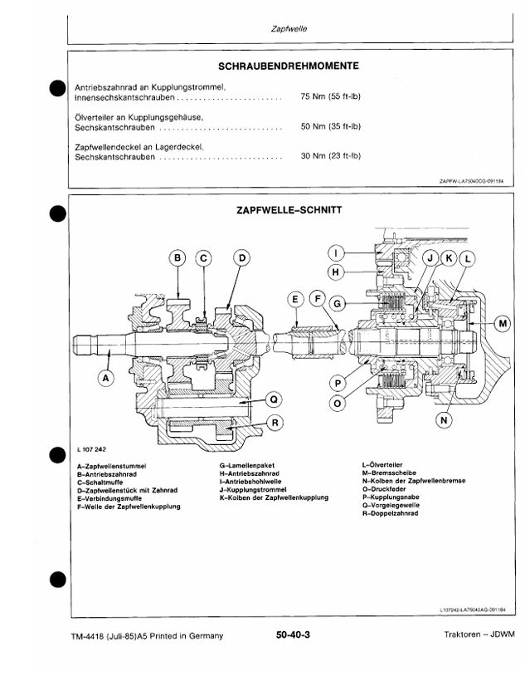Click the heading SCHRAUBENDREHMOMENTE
click(x=287, y=66)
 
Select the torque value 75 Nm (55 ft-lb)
click(x=331, y=97)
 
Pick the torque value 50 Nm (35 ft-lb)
click(x=331, y=127)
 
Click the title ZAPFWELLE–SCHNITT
click(x=287, y=210)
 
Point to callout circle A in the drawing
click(x=105, y=378)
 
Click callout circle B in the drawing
click(x=178, y=258)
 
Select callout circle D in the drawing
click(x=241, y=258)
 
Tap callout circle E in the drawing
click(x=295, y=299)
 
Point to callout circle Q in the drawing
click(x=272, y=399)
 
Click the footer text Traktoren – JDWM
click(x=479, y=636)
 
